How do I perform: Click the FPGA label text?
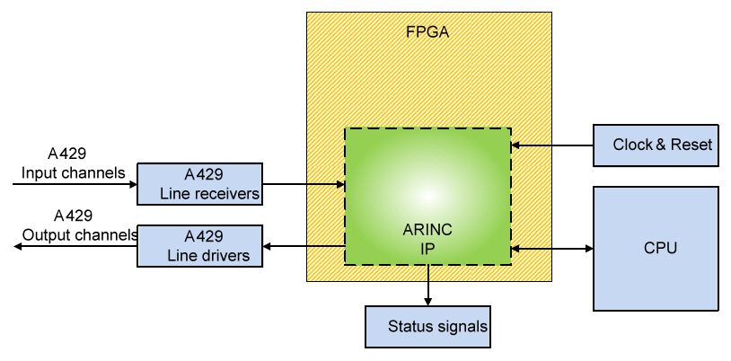click(x=427, y=33)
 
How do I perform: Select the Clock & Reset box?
click(x=656, y=145)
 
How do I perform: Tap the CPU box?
click(x=656, y=248)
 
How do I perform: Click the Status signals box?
click(x=427, y=326)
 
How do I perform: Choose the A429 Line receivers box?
click(x=199, y=183)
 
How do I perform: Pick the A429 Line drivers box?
click(x=199, y=246)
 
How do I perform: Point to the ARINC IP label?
click(x=427, y=237)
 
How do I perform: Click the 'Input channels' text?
click(x=74, y=172)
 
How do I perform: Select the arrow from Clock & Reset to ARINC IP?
click(x=552, y=144)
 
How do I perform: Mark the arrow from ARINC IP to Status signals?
click(x=428, y=286)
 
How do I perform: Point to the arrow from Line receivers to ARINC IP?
click(x=304, y=185)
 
